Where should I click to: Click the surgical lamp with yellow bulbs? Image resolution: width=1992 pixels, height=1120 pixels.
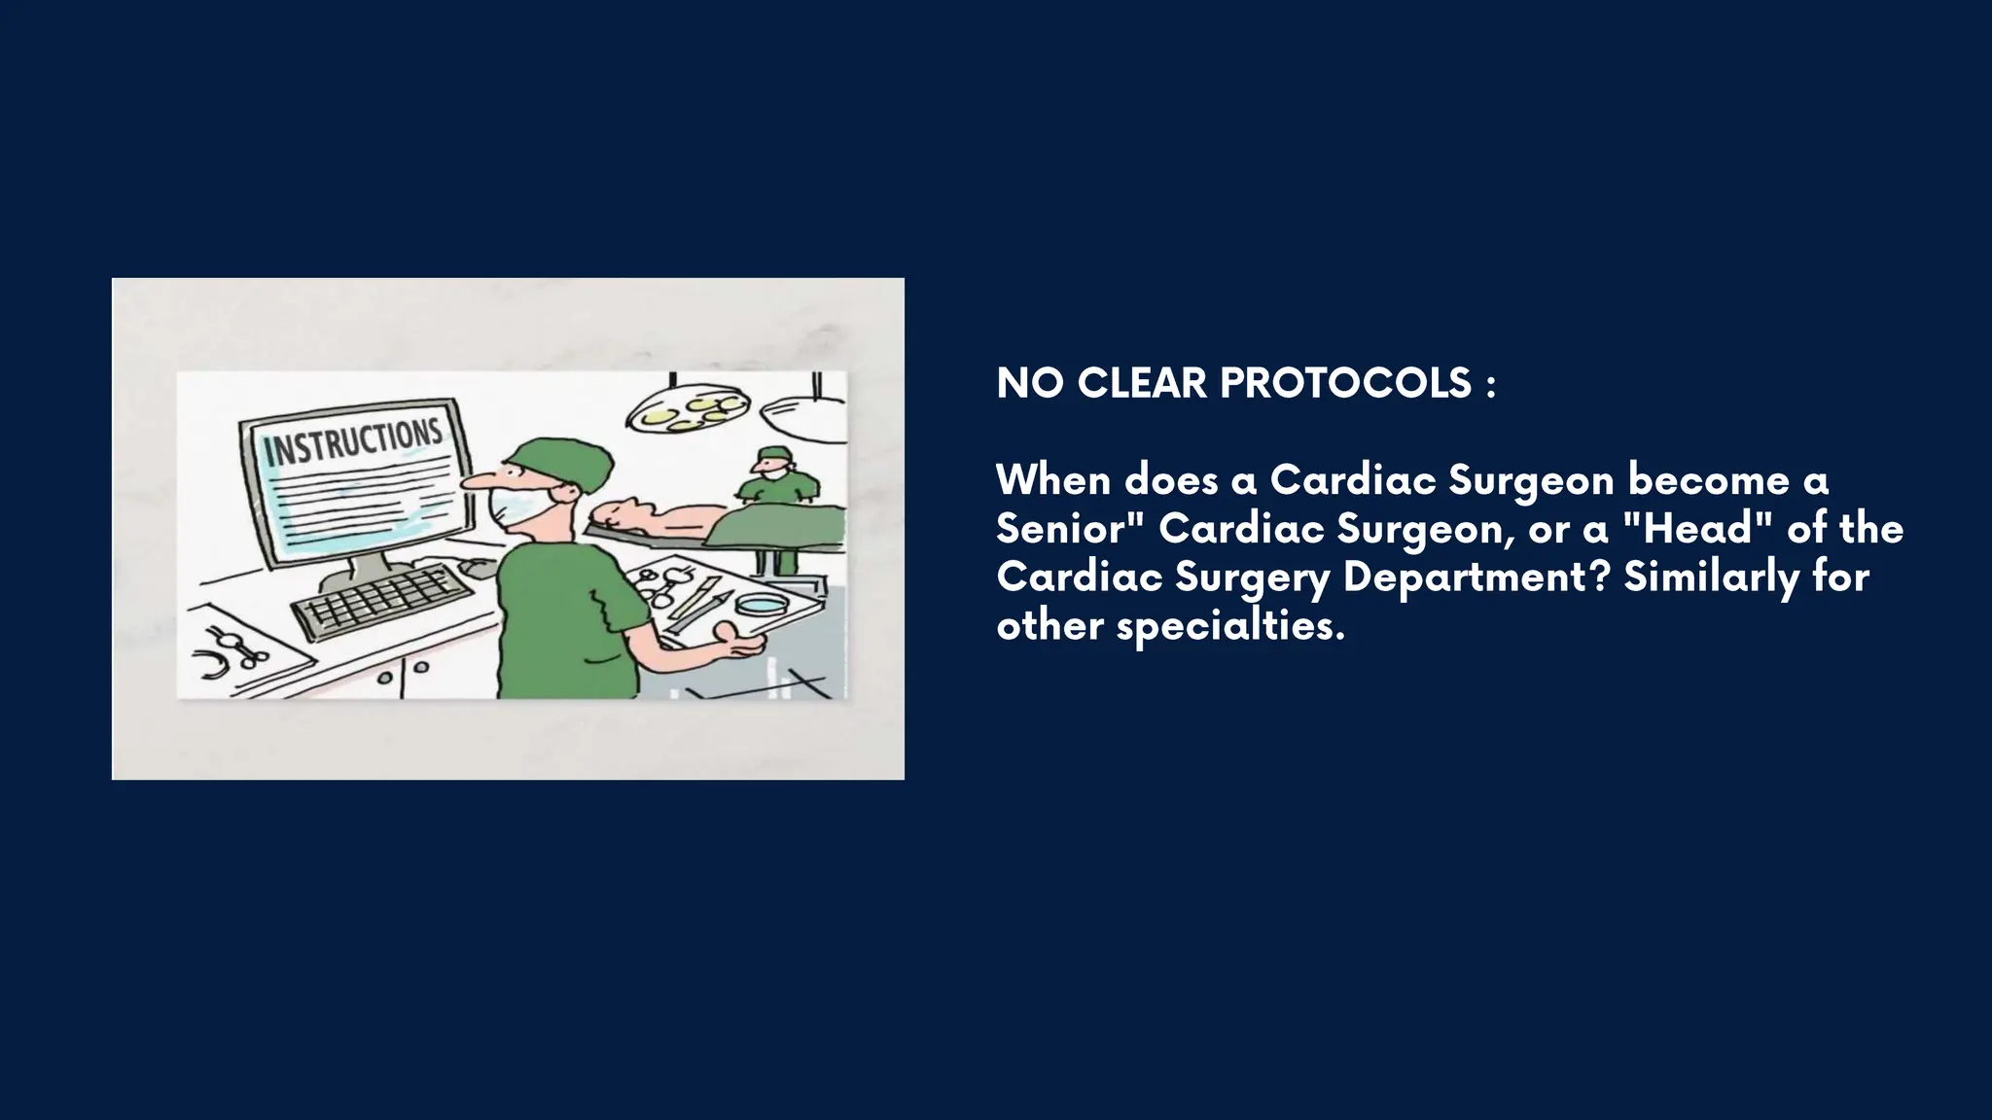click(689, 409)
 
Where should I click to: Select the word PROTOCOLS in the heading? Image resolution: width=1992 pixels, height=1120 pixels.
click(1345, 383)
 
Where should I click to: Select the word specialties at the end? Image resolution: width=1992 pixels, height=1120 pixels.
click(1229, 625)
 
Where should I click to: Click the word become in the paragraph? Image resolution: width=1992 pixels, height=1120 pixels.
click(1708, 479)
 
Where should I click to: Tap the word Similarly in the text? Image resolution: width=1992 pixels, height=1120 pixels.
click(1712, 577)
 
